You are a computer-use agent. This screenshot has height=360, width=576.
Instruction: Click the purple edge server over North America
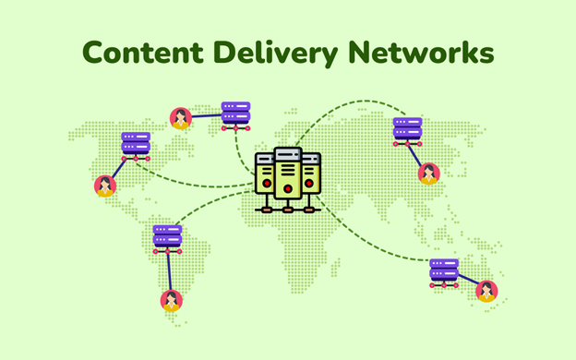click(136, 145)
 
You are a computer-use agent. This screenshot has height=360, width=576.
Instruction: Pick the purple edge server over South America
click(167, 236)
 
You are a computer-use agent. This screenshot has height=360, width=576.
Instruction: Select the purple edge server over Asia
click(407, 130)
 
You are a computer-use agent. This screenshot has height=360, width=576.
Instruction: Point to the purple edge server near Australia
click(443, 270)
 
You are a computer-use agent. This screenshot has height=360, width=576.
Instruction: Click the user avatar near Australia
click(486, 292)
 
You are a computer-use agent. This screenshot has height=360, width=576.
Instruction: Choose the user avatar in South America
click(171, 300)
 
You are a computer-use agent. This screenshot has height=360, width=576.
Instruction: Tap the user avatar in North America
click(104, 186)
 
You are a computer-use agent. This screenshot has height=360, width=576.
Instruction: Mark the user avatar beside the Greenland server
click(181, 118)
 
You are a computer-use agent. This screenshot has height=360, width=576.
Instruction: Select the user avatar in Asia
click(428, 174)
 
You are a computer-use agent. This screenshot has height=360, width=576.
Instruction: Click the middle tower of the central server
click(288, 175)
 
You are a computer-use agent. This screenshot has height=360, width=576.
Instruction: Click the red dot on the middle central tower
click(288, 189)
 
